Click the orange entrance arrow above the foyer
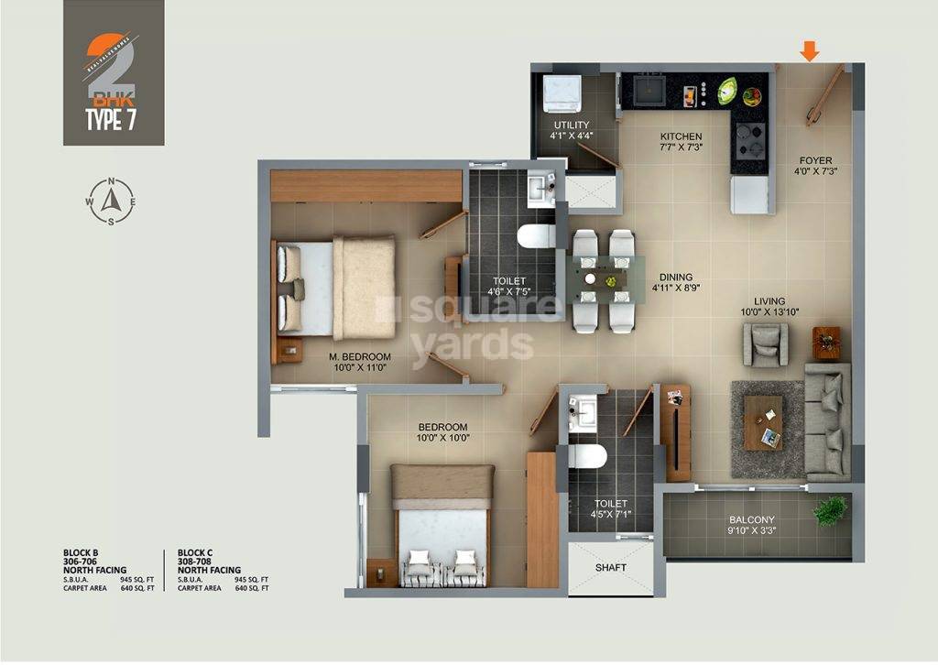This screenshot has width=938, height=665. tap(809, 51)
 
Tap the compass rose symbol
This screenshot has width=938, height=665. tap(111, 200)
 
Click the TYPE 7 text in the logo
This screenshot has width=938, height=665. tap(111, 120)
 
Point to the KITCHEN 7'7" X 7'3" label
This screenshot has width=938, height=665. tap(682, 142)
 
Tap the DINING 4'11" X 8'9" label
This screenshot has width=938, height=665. tap(672, 282)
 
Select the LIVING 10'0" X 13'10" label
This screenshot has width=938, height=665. tap(770, 306)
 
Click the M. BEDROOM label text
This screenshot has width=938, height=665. tap(360, 357)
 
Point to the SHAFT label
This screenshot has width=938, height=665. tap(611, 568)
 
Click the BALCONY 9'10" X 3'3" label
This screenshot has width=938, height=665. tap(753, 525)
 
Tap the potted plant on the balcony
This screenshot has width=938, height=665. tap(831, 511)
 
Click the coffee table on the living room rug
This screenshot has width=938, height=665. tap(763, 422)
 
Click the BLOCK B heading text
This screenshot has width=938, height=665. tap(81, 552)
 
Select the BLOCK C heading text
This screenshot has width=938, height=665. tap(195, 552)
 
